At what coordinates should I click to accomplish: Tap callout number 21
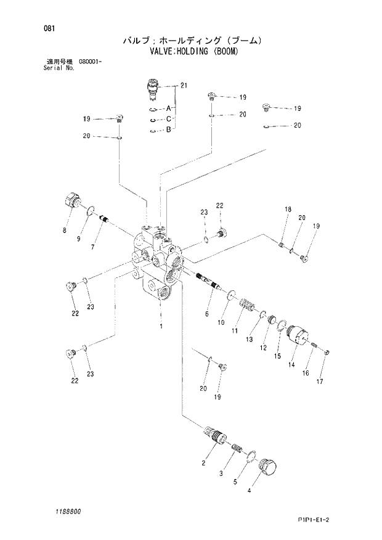pyautogui.click(x=182, y=86)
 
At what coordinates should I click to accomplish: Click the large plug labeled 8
pyautogui.click(x=73, y=202)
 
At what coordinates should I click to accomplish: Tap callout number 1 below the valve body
pyautogui.click(x=161, y=325)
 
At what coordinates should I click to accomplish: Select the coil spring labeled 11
pyautogui.click(x=246, y=305)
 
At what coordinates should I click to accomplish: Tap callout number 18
pyautogui.click(x=287, y=210)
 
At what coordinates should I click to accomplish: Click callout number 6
pyautogui.click(x=207, y=314)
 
